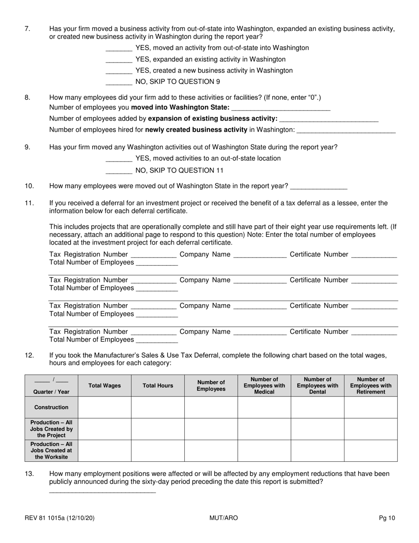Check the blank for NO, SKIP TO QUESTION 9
pos(119,82)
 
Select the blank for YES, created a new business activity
pos(119,71)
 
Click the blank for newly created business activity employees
pos(346,130)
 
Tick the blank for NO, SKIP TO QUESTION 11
pos(119,171)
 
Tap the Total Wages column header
pos(105,386)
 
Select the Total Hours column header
pos(158,386)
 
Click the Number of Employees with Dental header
pos(317,386)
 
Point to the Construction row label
pos(52,407)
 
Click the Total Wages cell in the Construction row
pos(105,407)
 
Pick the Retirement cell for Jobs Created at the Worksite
pos(370,451)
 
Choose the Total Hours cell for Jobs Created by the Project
pos(158,429)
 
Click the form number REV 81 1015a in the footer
pos(60,518)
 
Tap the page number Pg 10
pos(387,518)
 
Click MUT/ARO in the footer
pos(224,518)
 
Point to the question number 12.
pos(29,355)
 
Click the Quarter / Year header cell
pos(52,386)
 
